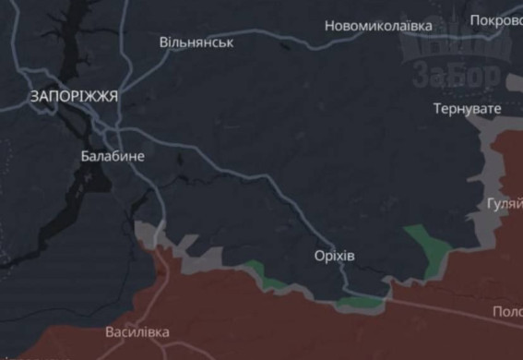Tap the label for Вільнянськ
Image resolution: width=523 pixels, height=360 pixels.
(196, 42)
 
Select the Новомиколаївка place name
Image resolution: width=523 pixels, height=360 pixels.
(378, 26)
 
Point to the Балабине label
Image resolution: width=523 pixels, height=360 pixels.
(113, 156)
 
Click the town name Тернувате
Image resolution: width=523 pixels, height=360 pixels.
(467, 109)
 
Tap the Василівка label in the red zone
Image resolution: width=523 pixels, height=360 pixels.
(137, 331)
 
